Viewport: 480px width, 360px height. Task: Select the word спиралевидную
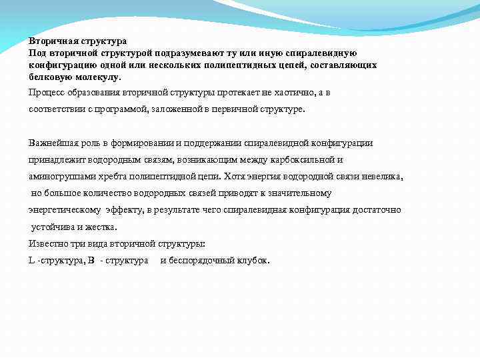coord(326,53)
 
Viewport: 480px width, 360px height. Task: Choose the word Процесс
coord(45,92)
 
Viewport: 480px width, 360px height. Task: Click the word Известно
coord(47,243)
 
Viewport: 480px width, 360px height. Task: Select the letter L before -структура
coord(32,260)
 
